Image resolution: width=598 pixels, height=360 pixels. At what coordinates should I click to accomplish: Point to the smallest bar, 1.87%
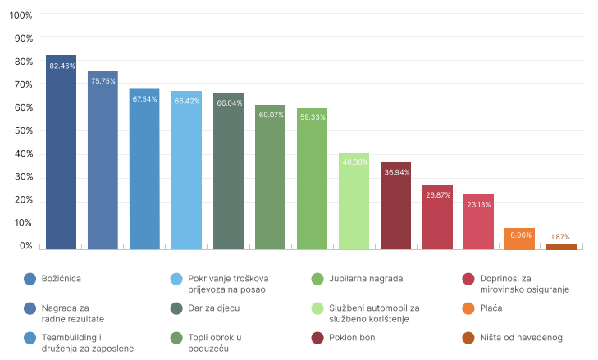[x=562, y=246]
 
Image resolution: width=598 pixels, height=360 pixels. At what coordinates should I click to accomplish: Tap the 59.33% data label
[x=312, y=117]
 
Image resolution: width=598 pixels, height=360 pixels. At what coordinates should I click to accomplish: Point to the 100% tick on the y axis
[x=21, y=16]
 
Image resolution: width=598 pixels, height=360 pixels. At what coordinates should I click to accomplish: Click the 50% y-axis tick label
[x=24, y=130]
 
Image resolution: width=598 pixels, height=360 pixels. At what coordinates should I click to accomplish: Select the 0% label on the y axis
[x=26, y=246]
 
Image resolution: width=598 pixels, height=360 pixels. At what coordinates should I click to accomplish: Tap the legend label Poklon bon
[x=354, y=338]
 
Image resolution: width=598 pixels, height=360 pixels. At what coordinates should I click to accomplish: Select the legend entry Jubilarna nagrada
[x=366, y=279]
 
